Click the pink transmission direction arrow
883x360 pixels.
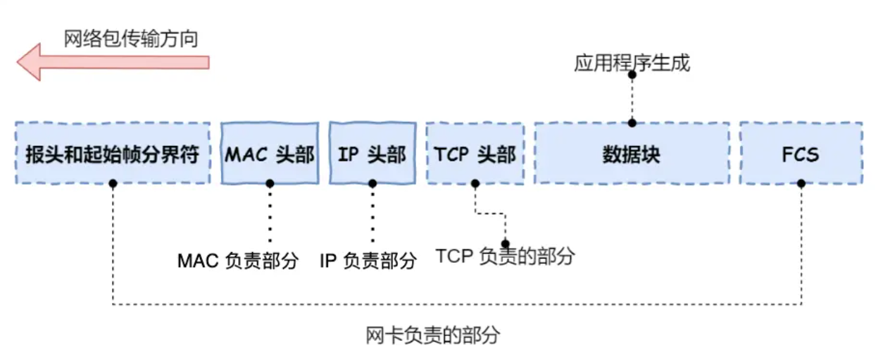point(113,62)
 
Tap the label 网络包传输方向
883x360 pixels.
point(131,38)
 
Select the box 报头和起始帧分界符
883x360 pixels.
point(113,154)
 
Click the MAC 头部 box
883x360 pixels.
point(270,154)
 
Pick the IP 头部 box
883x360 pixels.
point(372,154)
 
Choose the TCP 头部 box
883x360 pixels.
point(475,154)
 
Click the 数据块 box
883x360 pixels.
point(632,154)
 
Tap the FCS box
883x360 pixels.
point(801,154)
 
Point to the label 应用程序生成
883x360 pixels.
point(632,63)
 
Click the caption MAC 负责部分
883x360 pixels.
point(238,261)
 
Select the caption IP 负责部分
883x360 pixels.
point(368,261)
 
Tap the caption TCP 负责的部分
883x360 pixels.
point(505,256)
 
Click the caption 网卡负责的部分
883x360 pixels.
point(432,335)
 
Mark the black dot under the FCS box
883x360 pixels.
point(801,183)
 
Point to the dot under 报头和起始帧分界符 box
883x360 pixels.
point(113,183)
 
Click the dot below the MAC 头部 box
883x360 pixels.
point(270,183)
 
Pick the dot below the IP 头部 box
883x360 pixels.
point(372,183)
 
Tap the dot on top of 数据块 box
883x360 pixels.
point(632,123)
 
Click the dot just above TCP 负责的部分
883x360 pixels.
point(505,244)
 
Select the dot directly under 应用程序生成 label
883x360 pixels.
point(632,75)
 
